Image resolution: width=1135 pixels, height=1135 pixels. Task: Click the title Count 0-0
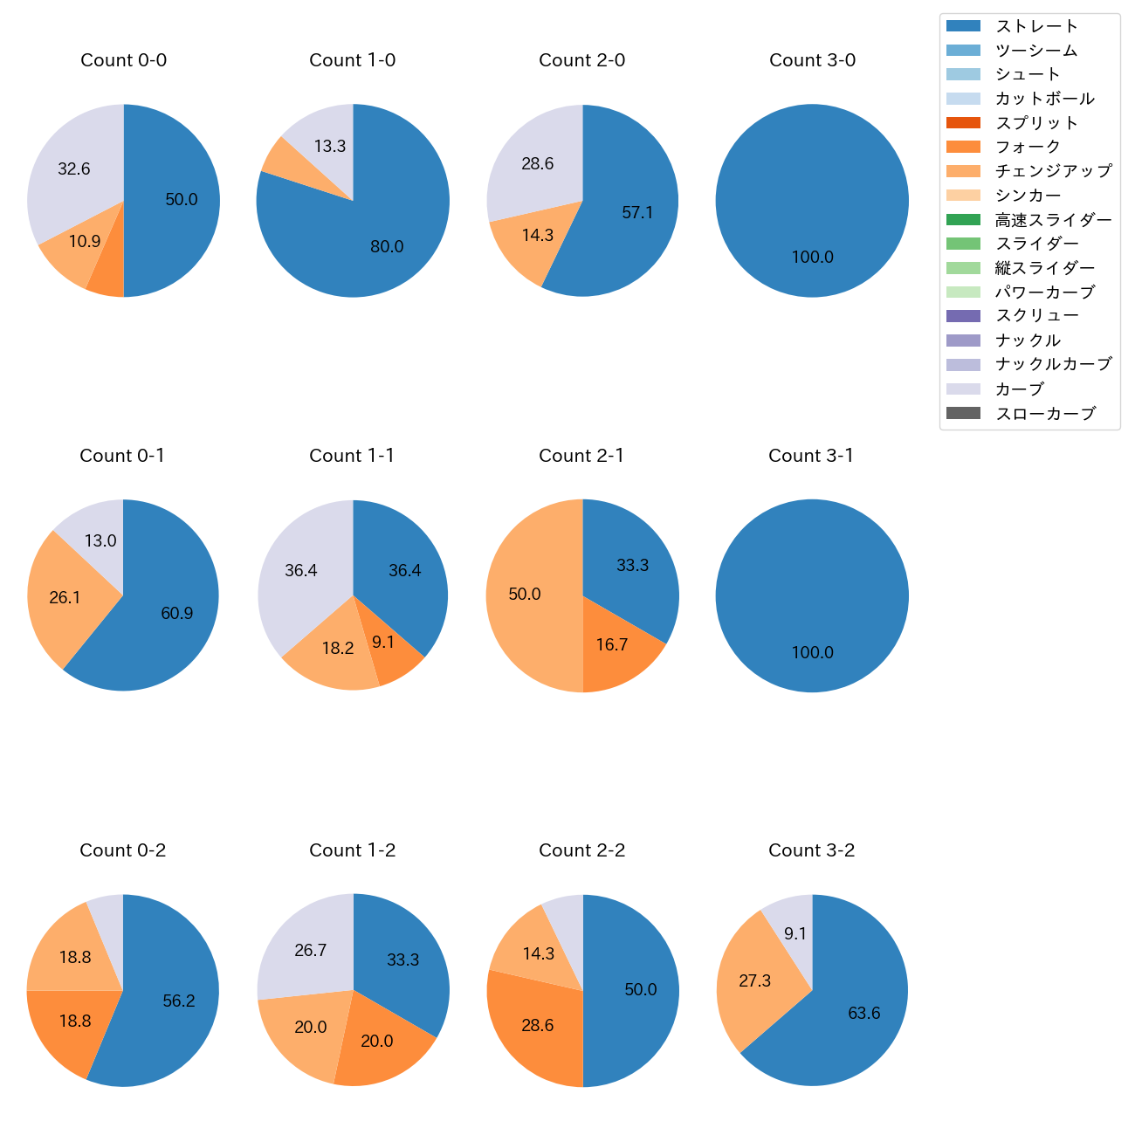(124, 60)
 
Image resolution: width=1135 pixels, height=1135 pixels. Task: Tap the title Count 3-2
(811, 850)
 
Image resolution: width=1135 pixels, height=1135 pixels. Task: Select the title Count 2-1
(581, 456)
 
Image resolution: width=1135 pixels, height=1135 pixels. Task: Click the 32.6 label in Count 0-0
(74, 169)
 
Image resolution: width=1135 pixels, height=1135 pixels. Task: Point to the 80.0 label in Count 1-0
(387, 247)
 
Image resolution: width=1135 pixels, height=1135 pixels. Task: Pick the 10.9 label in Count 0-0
(85, 242)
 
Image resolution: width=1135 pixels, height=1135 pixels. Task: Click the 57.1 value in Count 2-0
(637, 213)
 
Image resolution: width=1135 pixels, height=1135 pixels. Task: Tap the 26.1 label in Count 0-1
(65, 598)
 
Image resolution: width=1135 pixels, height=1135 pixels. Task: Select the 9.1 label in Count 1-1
(383, 643)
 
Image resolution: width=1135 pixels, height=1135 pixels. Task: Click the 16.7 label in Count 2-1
(612, 645)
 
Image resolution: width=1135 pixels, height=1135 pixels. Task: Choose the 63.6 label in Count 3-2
(864, 1014)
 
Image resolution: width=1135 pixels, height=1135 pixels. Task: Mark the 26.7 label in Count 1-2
(310, 951)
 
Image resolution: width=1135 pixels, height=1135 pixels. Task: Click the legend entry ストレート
(1037, 26)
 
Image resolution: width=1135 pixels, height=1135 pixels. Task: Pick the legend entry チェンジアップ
(1053, 171)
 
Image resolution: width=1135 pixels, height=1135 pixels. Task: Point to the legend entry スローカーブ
(1045, 414)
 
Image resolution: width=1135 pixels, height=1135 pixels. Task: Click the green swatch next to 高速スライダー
(963, 220)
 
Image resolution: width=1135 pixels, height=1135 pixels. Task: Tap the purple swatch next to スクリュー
(963, 316)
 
